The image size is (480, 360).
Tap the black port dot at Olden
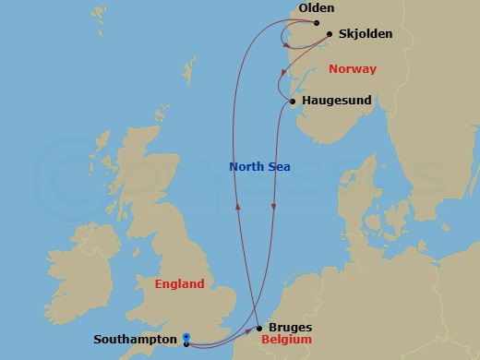pyautogui.click(x=317, y=23)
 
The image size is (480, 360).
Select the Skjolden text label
pyautogui.click(x=366, y=34)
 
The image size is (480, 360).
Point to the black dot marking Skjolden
pyautogui.click(x=330, y=34)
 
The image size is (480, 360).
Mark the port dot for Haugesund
pyautogui.click(x=293, y=102)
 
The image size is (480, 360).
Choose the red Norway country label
pyautogui.click(x=354, y=68)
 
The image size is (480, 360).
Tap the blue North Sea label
pyautogui.click(x=259, y=166)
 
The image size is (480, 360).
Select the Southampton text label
pyautogui.click(x=137, y=340)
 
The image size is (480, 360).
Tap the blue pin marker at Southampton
pyautogui.click(x=186, y=339)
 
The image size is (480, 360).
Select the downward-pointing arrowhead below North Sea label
pyautogui.click(x=273, y=208)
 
